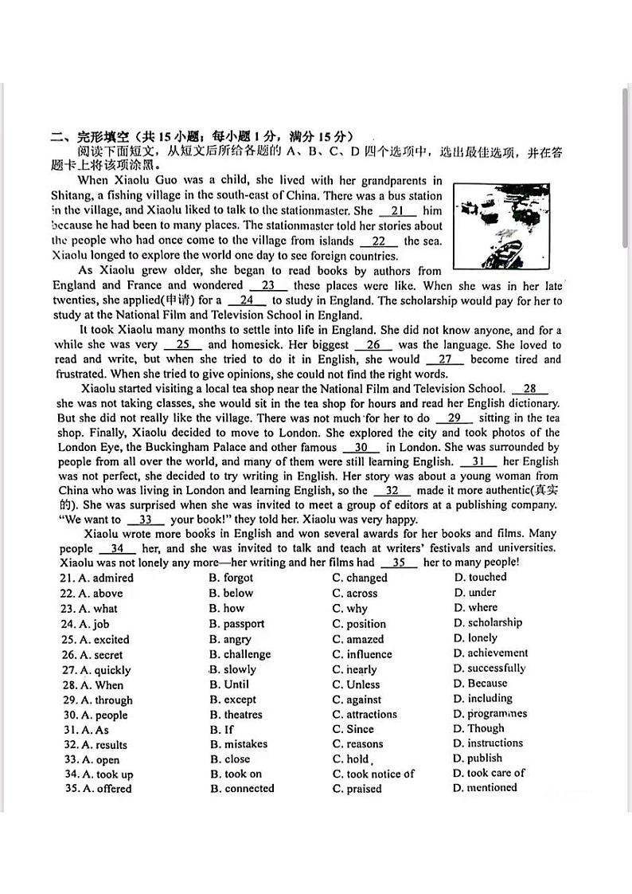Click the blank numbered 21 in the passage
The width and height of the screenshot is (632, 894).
pos(398,211)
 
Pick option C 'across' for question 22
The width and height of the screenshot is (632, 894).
pos(354,594)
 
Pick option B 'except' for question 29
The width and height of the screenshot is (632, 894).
pos(232,700)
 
